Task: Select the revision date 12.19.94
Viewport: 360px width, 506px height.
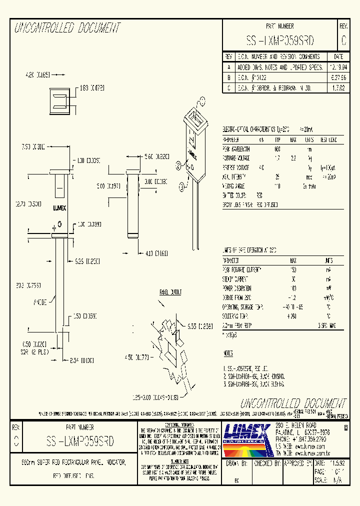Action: point(338,66)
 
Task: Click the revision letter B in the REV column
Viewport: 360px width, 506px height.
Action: point(229,77)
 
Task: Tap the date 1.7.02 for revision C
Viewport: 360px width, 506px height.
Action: point(338,87)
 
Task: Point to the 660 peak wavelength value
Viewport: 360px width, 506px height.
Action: point(277,149)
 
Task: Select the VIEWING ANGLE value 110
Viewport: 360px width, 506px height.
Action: point(277,185)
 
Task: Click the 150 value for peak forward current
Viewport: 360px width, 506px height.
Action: point(293,270)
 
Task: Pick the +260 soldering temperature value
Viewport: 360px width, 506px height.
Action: point(293,317)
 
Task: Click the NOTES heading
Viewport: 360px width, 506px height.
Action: point(228,353)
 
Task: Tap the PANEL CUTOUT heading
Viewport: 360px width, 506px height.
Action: point(170,292)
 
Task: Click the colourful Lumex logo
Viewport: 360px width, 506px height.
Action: point(248,438)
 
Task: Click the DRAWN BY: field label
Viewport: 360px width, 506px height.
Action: point(237,463)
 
